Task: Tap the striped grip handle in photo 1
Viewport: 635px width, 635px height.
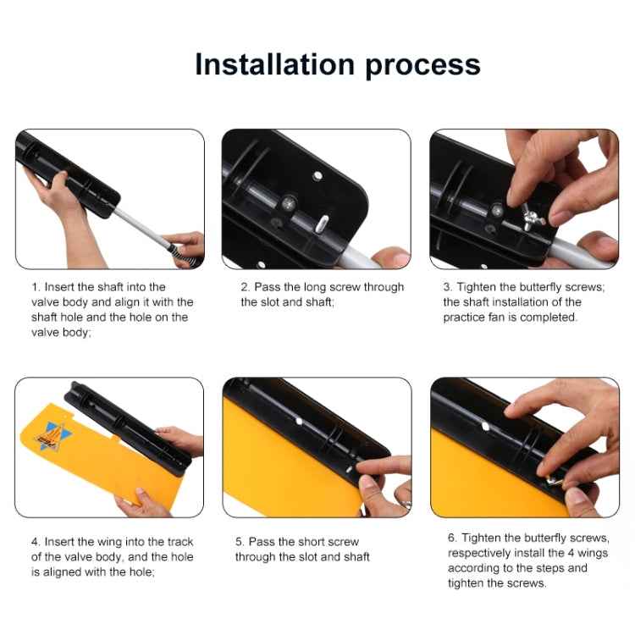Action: tap(179, 251)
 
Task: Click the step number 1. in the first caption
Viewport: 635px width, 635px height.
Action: tap(36, 287)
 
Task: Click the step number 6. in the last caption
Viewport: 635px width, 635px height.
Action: tap(453, 537)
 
